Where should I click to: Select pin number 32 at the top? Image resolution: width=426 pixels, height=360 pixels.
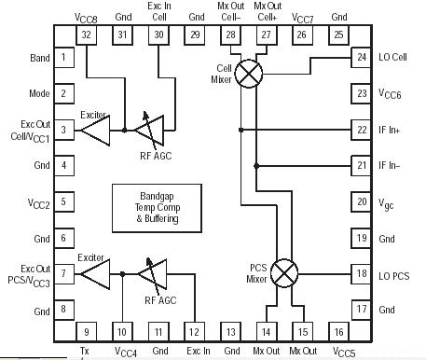coord(87,35)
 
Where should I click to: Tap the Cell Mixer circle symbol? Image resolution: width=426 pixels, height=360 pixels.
coord(247,76)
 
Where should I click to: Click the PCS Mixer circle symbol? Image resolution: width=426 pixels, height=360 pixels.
coord(289,272)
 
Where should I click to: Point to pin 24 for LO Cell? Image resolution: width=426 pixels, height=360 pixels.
coord(362,58)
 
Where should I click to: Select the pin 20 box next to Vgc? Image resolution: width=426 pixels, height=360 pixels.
coord(362,201)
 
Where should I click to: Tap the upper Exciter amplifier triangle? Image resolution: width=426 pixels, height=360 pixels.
coord(96,131)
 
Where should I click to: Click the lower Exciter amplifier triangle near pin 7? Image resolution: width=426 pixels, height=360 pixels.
coord(96,274)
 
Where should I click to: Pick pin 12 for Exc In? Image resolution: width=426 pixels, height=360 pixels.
coord(195,330)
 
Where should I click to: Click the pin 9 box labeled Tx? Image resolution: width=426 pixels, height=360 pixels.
coord(87,330)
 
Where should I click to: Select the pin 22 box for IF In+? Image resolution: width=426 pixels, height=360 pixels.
coord(362,130)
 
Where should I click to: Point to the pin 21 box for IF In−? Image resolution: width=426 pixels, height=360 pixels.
coord(362,165)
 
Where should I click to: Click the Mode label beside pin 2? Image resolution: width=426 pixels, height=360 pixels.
coord(39,93)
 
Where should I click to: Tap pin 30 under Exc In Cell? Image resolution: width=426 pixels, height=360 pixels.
coord(159,35)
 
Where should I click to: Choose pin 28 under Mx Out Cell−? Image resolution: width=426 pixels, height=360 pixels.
coord(230,35)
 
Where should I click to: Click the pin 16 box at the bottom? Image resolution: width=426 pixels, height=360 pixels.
coord(338,330)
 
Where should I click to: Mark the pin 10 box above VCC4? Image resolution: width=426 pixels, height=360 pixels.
coord(122,330)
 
